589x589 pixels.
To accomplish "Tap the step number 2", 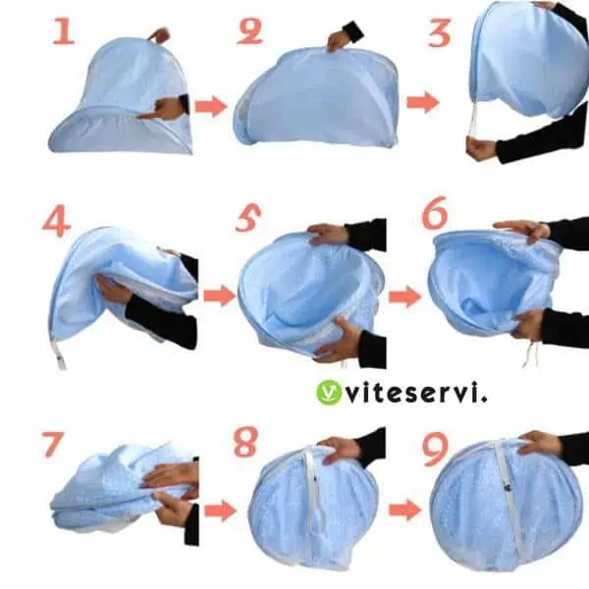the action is coord(250,31).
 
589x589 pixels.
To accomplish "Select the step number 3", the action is coord(440,33).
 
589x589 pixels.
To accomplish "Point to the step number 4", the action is coord(56,223).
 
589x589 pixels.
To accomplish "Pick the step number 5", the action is coord(248,218).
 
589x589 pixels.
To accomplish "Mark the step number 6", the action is coord(435,213).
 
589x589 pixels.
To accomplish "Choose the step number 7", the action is coord(53,445).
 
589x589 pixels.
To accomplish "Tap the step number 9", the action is coord(436,449).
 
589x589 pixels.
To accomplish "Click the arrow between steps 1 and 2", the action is coord(211,106).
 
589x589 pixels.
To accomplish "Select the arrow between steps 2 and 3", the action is coord(423,102).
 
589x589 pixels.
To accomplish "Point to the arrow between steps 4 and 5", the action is coord(220,295).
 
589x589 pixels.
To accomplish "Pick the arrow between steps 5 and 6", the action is coord(404,296).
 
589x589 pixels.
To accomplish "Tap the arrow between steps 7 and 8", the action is coord(220,510).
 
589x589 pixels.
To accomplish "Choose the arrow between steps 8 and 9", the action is coord(404,510).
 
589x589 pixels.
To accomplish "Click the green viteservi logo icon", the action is coord(329,393).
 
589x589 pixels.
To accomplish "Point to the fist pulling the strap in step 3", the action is coord(481,148).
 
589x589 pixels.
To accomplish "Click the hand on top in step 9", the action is coord(540,444).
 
